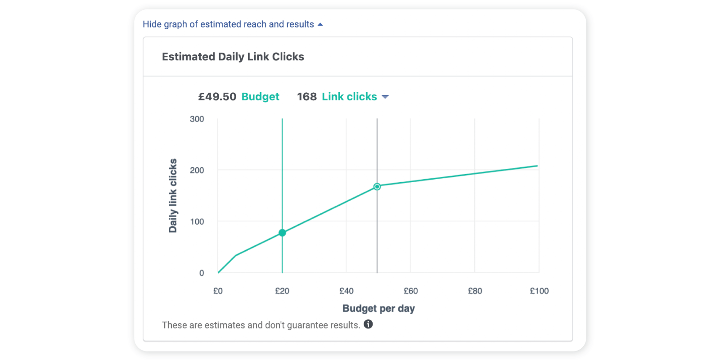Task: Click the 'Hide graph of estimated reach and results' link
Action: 228,24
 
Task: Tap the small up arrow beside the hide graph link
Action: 320,24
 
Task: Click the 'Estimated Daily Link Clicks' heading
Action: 233,57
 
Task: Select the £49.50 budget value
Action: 217,97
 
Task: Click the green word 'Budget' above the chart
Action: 260,97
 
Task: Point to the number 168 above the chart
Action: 306,97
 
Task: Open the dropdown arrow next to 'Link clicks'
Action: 385,97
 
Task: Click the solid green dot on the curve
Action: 282,233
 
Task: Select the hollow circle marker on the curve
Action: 377,187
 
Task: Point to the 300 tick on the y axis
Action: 197,119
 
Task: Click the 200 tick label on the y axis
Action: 197,170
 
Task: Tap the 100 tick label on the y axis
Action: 197,221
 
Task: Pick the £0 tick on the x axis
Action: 218,291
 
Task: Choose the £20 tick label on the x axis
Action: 282,291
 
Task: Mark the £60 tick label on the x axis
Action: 410,291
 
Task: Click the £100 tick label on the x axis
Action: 539,291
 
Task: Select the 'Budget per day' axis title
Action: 378,308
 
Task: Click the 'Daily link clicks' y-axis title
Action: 173,196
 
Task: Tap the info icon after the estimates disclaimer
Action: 368,324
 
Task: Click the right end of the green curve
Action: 537,166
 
